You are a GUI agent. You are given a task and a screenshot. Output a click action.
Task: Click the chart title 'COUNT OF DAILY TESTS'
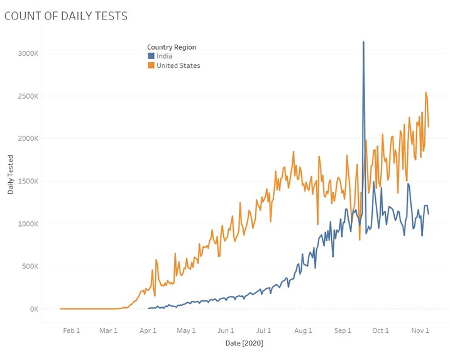tap(66, 16)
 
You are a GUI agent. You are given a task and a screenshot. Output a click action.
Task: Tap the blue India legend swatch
tap(151, 57)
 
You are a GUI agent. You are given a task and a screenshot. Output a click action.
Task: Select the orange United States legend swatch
tap(151, 65)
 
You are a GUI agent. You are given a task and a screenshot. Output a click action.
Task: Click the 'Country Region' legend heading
tap(172, 47)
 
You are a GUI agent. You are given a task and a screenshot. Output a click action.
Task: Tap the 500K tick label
tap(30, 266)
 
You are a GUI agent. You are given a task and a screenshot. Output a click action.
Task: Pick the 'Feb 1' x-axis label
tap(72, 330)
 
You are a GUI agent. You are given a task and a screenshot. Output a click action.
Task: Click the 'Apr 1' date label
tap(148, 330)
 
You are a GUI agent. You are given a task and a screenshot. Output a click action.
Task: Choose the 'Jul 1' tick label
tap(263, 330)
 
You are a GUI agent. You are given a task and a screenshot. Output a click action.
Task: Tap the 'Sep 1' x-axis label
tap(343, 330)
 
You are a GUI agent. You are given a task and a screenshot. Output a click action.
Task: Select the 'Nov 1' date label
tap(420, 330)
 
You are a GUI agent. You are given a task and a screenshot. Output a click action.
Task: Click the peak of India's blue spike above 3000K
tap(363, 42)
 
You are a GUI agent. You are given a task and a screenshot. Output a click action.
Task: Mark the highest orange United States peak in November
tap(425, 93)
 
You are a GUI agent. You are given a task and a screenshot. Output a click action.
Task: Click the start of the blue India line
tap(148, 308)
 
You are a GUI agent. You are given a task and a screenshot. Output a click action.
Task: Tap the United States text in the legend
tap(178, 65)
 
